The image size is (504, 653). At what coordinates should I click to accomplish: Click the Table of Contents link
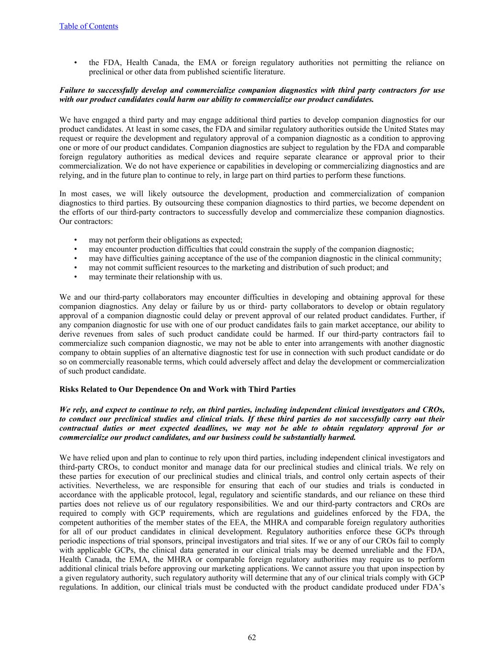[88, 26]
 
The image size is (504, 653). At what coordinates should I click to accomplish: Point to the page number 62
[252, 637]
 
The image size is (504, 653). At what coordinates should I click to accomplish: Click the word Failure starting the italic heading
[73, 90]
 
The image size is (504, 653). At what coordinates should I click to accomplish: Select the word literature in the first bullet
[269, 72]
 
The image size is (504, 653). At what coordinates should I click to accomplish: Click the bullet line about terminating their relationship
[155, 277]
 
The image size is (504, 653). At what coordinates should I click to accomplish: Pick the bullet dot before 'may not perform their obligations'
[75, 240]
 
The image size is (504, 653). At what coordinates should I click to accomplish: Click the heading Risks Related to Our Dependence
[177, 389]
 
